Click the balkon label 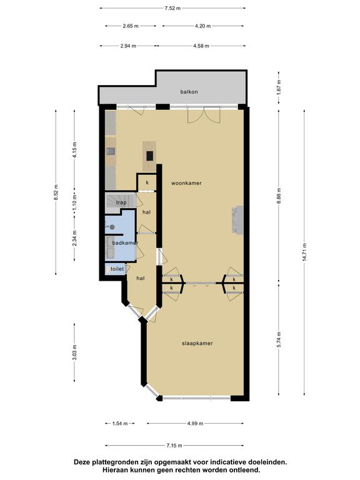[189, 91]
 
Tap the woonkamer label [186, 183]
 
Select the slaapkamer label [197, 343]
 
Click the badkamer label [125, 242]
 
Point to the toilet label [117, 269]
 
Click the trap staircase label [121, 202]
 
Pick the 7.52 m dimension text [172, 8]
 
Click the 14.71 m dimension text [304, 252]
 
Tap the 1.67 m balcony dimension [279, 87]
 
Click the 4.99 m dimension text [195, 423]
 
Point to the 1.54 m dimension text [120, 423]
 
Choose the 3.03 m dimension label [75, 352]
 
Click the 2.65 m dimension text [131, 26]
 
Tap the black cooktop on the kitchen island [149, 156]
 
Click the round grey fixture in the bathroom [112, 227]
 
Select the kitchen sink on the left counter [111, 151]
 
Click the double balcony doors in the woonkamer [204, 114]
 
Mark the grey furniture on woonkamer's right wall [237, 220]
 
